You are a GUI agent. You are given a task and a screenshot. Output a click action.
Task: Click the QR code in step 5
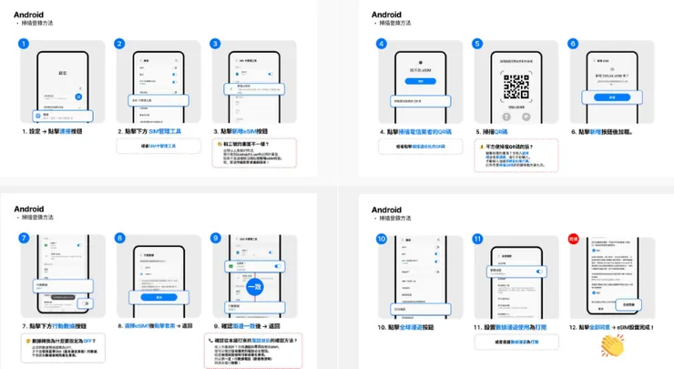pyautogui.click(x=516, y=87)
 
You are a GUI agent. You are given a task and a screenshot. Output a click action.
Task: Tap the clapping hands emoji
pyautogui.click(x=616, y=345)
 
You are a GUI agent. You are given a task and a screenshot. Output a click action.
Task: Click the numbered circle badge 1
pyautogui.click(x=25, y=44)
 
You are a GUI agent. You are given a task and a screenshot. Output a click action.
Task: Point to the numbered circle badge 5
pyautogui.click(x=477, y=44)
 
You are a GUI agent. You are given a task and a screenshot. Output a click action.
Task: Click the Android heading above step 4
pyautogui.click(x=386, y=15)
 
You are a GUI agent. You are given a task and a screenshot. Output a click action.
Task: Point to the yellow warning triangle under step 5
pyautogui.click(x=482, y=147)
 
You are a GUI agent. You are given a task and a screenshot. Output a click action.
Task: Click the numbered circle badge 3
pyautogui.click(x=216, y=44)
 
